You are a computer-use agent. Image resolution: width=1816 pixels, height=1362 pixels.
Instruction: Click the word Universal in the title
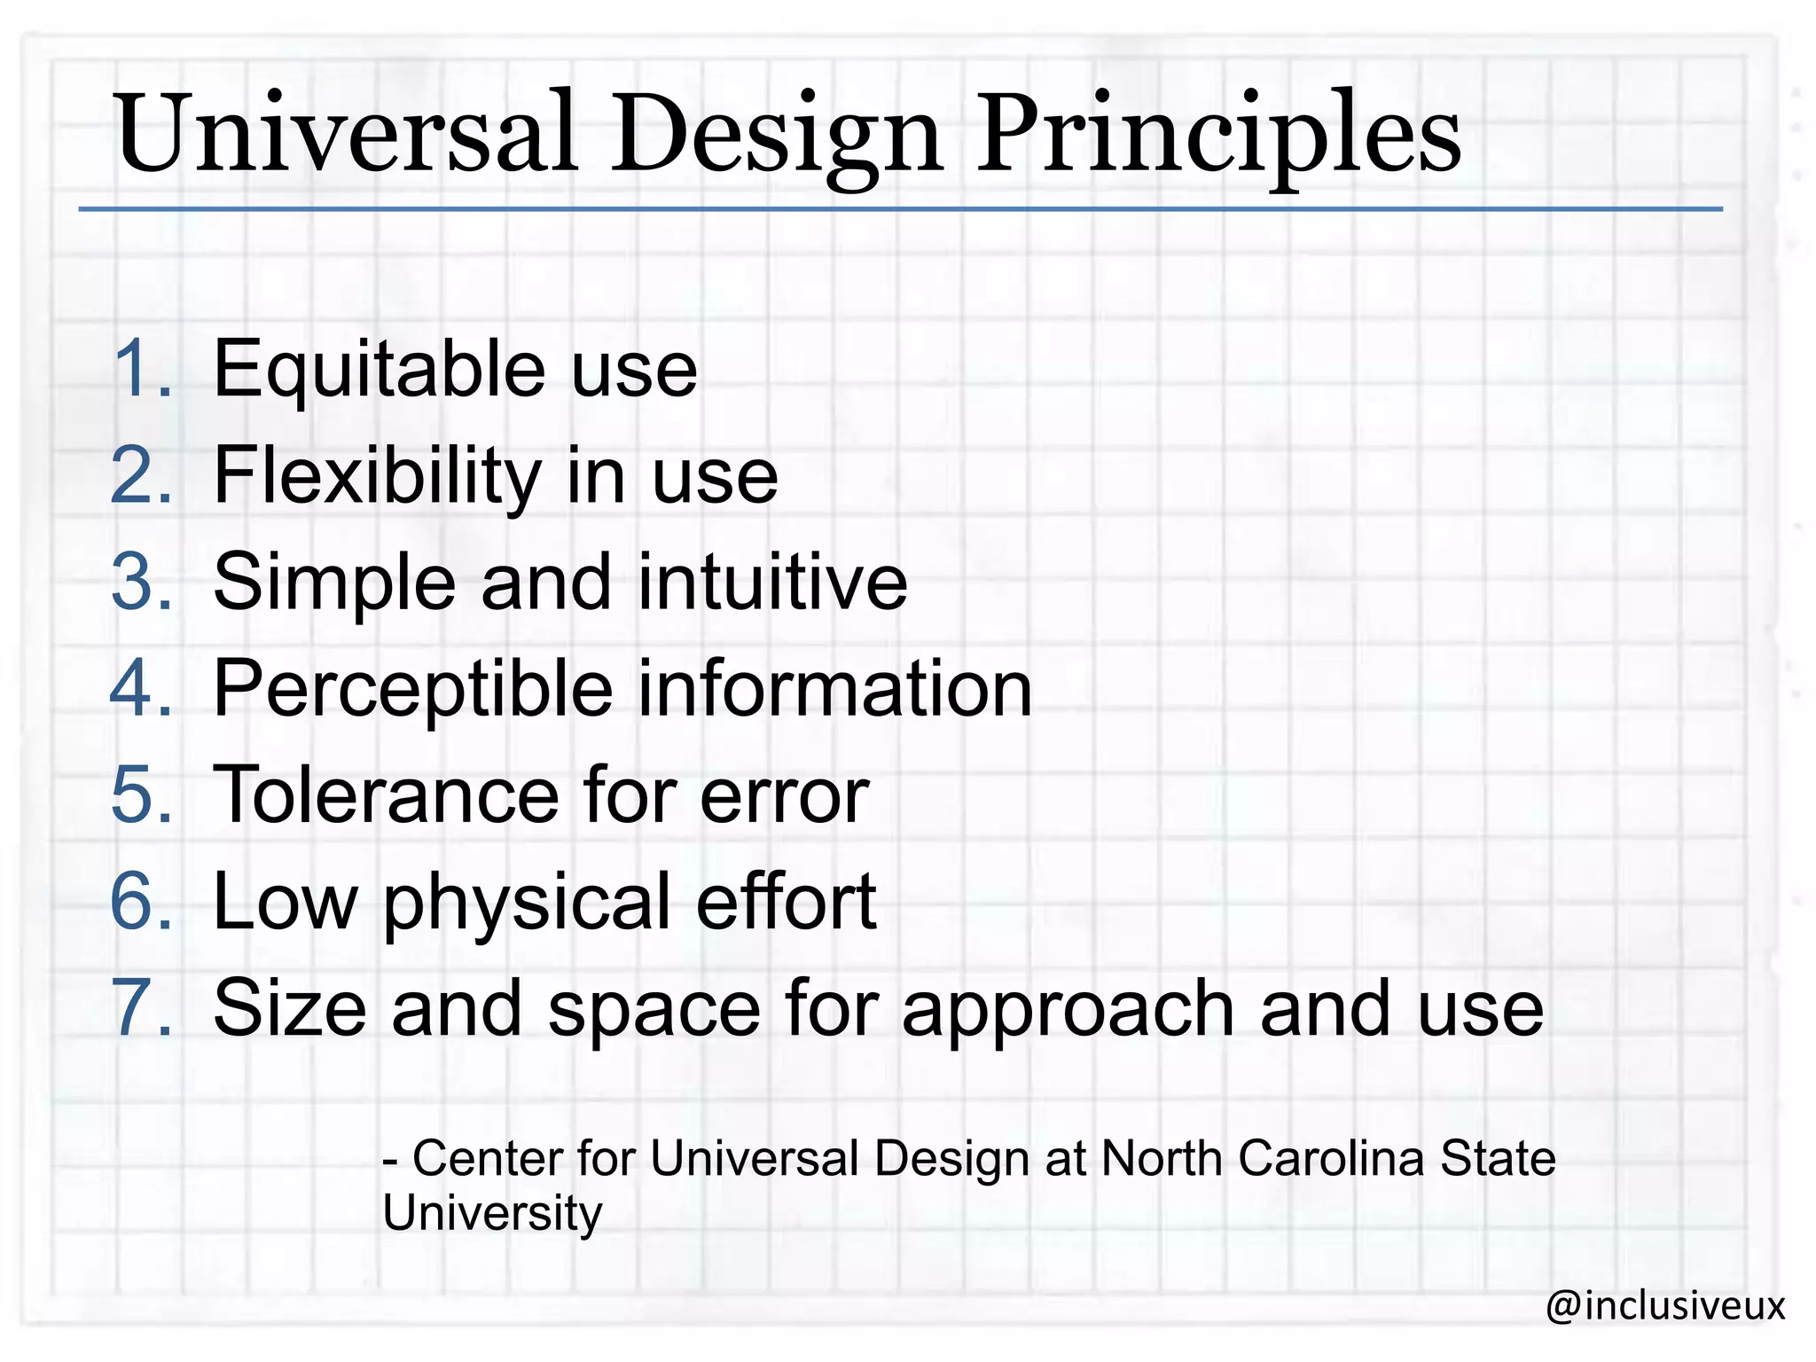pyautogui.click(x=346, y=135)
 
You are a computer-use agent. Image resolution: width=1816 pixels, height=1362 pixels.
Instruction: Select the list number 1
pyautogui.click(x=140, y=369)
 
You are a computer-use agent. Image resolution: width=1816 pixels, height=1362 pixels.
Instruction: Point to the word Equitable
pyautogui.click(x=380, y=371)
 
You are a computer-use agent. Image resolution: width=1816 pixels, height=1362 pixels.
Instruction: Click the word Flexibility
pyautogui.click(x=378, y=477)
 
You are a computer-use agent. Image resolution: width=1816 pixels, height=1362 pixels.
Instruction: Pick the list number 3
pyautogui.click(x=140, y=582)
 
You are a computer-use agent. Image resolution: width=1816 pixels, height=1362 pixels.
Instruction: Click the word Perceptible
pyautogui.click(x=413, y=690)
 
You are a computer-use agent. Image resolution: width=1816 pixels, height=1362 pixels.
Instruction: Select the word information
pyautogui.click(x=834, y=688)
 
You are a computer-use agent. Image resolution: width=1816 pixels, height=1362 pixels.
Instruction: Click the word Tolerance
pyautogui.click(x=386, y=794)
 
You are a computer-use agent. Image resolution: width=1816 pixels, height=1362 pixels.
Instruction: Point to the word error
pyautogui.click(x=784, y=796)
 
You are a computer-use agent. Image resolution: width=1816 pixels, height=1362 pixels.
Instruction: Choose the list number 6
pyautogui.click(x=140, y=901)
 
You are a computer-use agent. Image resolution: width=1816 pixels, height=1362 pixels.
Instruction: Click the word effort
pyautogui.click(x=787, y=901)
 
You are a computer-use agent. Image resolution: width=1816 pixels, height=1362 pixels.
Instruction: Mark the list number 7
pyautogui.click(x=140, y=1008)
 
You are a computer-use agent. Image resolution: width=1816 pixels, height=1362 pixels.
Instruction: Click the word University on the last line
pyautogui.click(x=492, y=1214)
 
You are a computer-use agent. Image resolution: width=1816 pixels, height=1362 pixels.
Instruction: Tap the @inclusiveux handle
pyautogui.click(x=1664, y=1306)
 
